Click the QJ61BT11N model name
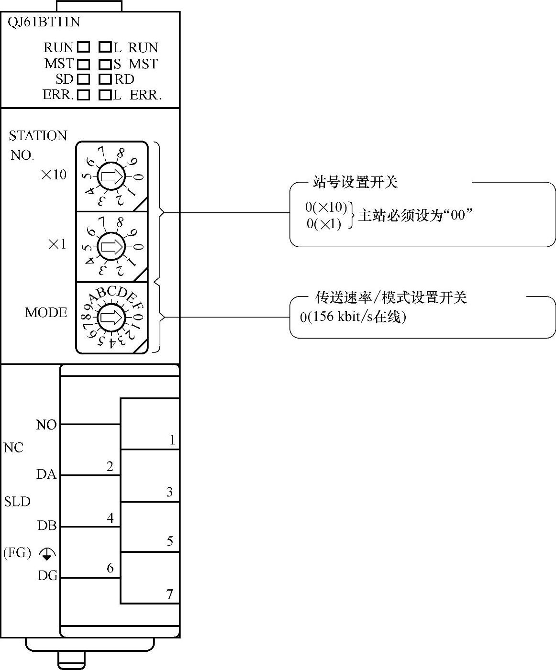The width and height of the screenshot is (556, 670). click(44, 22)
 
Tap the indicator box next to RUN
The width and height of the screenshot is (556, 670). click(84, 47)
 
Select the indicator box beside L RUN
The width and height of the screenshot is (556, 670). click(105, 47)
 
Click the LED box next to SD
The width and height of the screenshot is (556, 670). click(84, 79)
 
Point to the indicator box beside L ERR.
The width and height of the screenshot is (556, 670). click(105, 95)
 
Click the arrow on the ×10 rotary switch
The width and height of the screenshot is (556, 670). click(111, 177)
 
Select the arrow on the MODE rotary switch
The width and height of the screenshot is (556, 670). click(111, 318)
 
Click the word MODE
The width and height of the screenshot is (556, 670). click(46, 313)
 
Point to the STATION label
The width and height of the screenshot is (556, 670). click(38, 136)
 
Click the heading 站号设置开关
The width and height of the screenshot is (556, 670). click(355, 182)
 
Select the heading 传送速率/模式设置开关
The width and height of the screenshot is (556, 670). click(390, 297)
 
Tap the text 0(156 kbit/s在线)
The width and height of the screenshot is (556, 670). click(353, 317)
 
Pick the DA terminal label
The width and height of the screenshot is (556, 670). click(46, 474)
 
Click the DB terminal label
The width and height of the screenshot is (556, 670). click(47, 526)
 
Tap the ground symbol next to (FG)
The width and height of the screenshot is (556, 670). click(47, 554)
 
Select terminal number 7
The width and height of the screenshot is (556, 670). click(169, 594)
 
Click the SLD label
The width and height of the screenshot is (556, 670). click(17, 502)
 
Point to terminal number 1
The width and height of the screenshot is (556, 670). click(173, 440)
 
